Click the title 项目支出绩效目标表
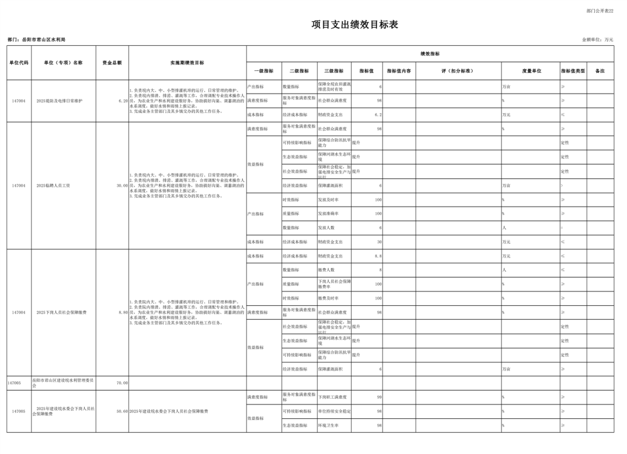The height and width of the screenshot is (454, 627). (x=355, y=24)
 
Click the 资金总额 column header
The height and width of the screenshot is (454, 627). (x=112, y=63)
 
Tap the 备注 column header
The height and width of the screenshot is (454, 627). (x=600, y=71)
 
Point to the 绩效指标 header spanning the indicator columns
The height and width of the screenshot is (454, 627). (x=429, y=54)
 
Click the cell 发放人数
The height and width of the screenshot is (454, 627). (x=327, y=228)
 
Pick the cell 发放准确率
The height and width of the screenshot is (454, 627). (x=329, y=213)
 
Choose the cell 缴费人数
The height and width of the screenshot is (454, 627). (x=327, y=270)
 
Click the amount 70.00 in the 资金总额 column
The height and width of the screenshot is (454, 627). (x=122, y=382)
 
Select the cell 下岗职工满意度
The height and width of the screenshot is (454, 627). (x=331, y=397)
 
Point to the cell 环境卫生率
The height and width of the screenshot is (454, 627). (x=328, y=425)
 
